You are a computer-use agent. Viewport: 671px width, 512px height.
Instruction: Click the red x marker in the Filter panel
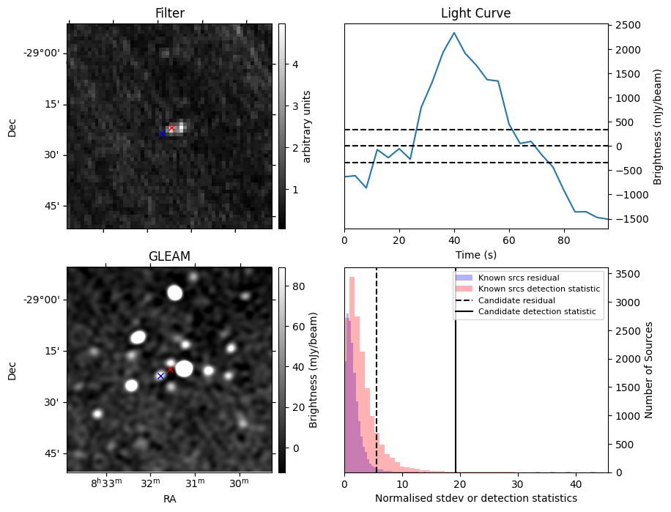coord(172,128)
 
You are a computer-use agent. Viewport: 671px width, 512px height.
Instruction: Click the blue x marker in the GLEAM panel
coord(160,376)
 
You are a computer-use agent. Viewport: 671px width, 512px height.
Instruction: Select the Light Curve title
coord(475,13)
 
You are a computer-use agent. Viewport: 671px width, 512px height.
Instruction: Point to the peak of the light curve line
coord(454,33)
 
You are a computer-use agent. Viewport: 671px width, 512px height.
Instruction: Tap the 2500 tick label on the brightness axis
coord(628,26)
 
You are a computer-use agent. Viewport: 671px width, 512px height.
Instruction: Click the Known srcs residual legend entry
coord(518,278)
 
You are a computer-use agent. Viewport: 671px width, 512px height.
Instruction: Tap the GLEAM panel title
coord(169,256)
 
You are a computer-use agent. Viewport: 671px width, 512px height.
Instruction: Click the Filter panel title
coord(169,13)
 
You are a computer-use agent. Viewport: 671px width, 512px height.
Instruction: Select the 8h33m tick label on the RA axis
coord(106,483)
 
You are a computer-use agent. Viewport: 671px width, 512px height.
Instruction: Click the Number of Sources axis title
coord(648,369)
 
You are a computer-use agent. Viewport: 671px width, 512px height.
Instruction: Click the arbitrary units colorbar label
coord(307,126)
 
